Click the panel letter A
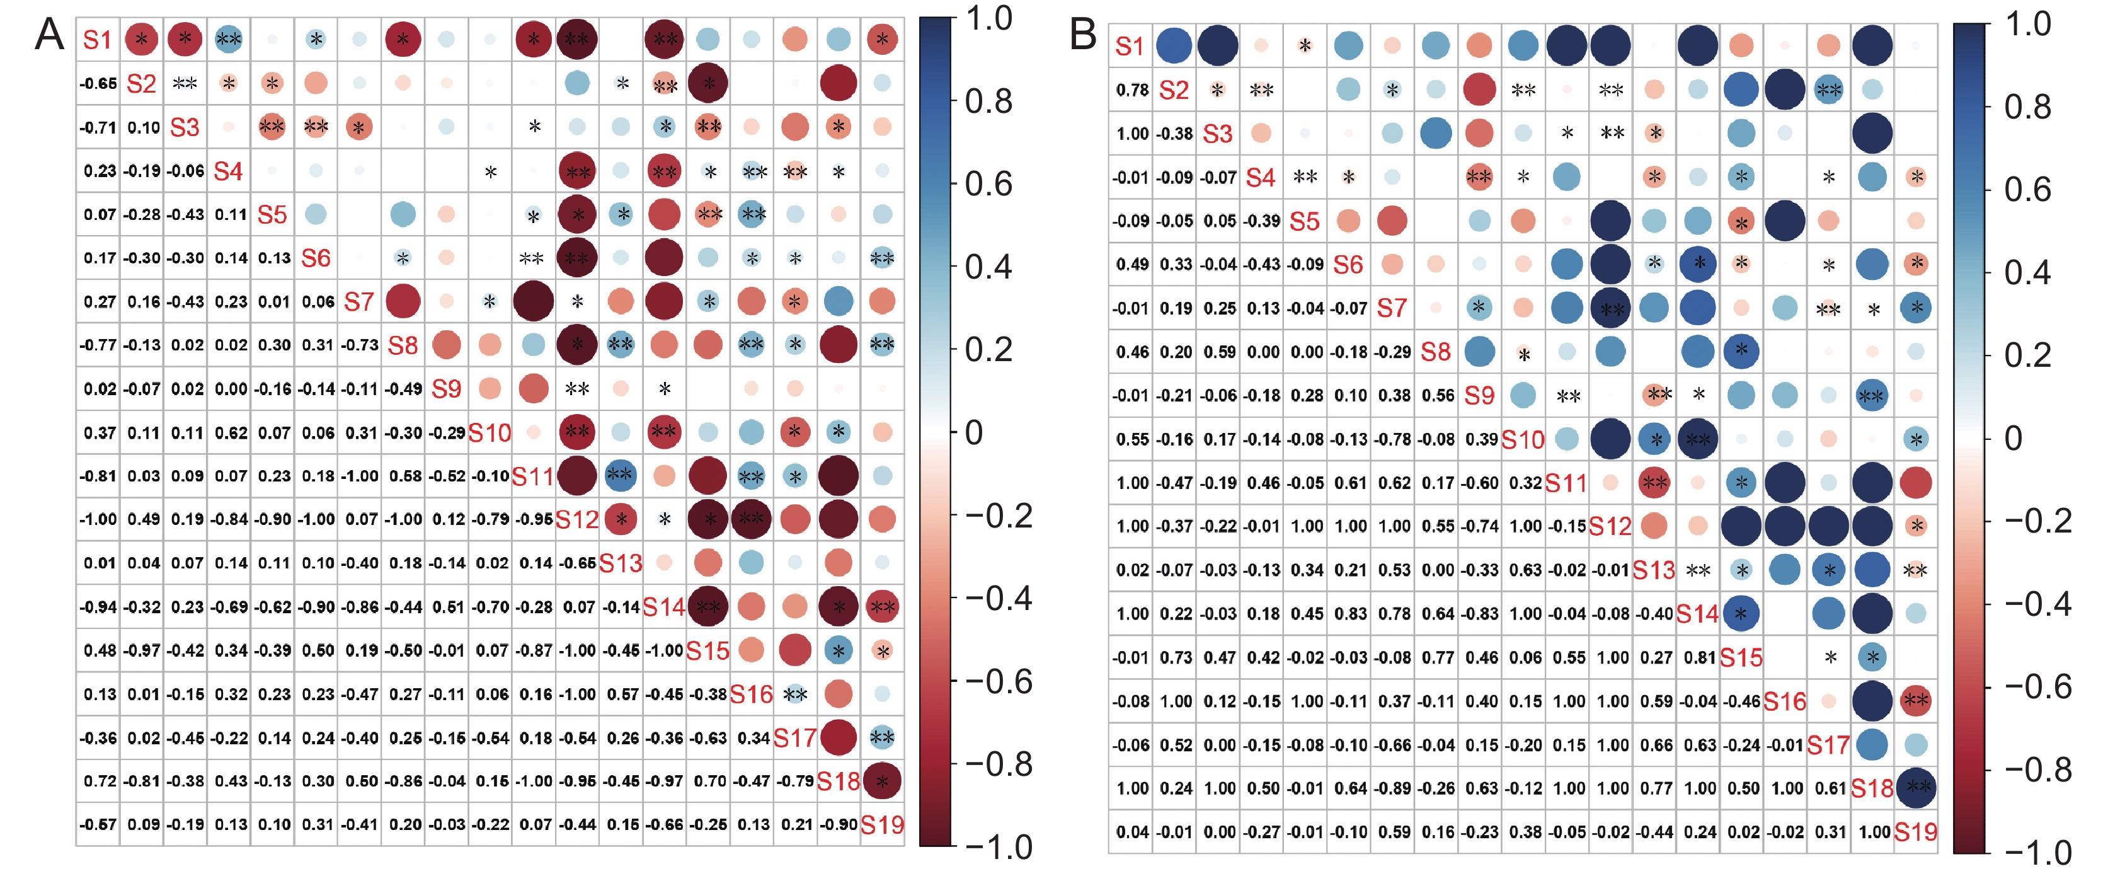click(49, 36)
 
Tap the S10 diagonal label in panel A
click(490, 432)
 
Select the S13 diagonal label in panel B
click(1654, 570)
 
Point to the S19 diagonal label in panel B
click(1916, 832)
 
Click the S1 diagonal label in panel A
click(98, 39)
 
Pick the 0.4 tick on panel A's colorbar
click(988, 267)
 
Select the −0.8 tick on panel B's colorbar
click(2037, 769)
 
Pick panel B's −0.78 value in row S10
click(1394, 439)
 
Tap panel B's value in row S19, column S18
click(1873, 832)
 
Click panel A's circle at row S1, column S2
click(142, 39)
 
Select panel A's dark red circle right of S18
click(882, 781)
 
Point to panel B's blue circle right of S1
click(1174, 46)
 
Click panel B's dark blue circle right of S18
click(1916, 788)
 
